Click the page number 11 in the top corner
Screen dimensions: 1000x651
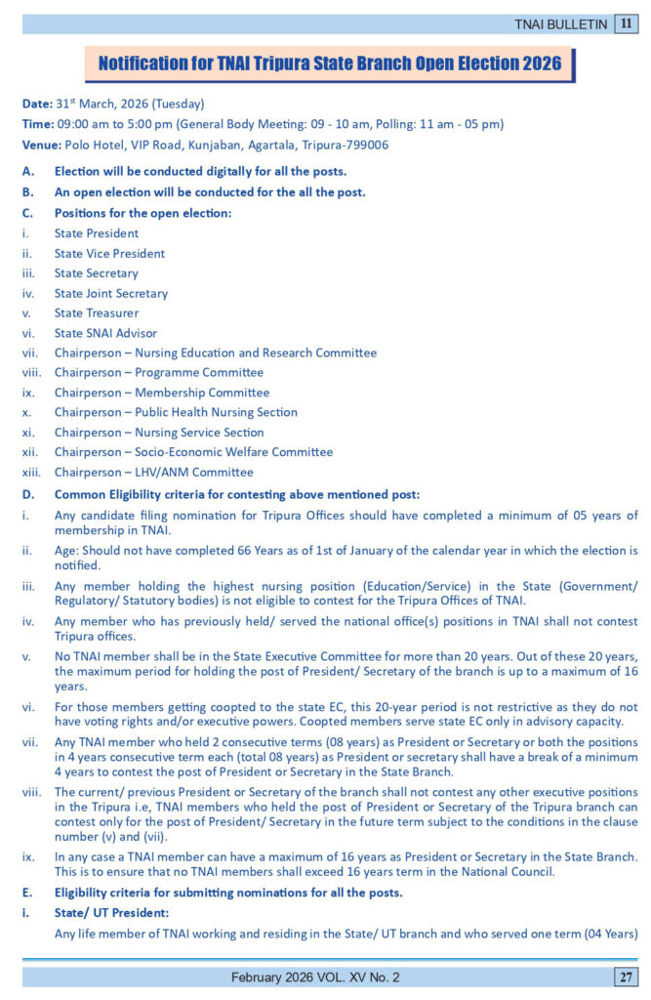tap(626, 23)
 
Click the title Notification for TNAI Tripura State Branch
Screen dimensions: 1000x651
tap(330, 64)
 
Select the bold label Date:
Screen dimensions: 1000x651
tap(38, 104)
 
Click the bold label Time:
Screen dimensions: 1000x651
tap(39, 124)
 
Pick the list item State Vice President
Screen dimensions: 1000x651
tap(109, 254)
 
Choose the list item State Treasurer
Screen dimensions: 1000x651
tap(97, 313)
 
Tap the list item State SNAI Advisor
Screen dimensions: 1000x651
tap(105, 333)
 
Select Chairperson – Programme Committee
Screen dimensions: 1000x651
tap(159, 372)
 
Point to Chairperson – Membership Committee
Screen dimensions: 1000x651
tap(162, 393)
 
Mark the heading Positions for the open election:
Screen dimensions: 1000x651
tap(142, 213)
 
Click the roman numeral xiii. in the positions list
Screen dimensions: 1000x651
tap(32, 472)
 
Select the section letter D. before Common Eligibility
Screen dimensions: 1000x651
tap(28, 494)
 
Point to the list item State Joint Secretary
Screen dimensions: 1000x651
tap(111, 293)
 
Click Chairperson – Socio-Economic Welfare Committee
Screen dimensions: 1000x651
tap(193, 452)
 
